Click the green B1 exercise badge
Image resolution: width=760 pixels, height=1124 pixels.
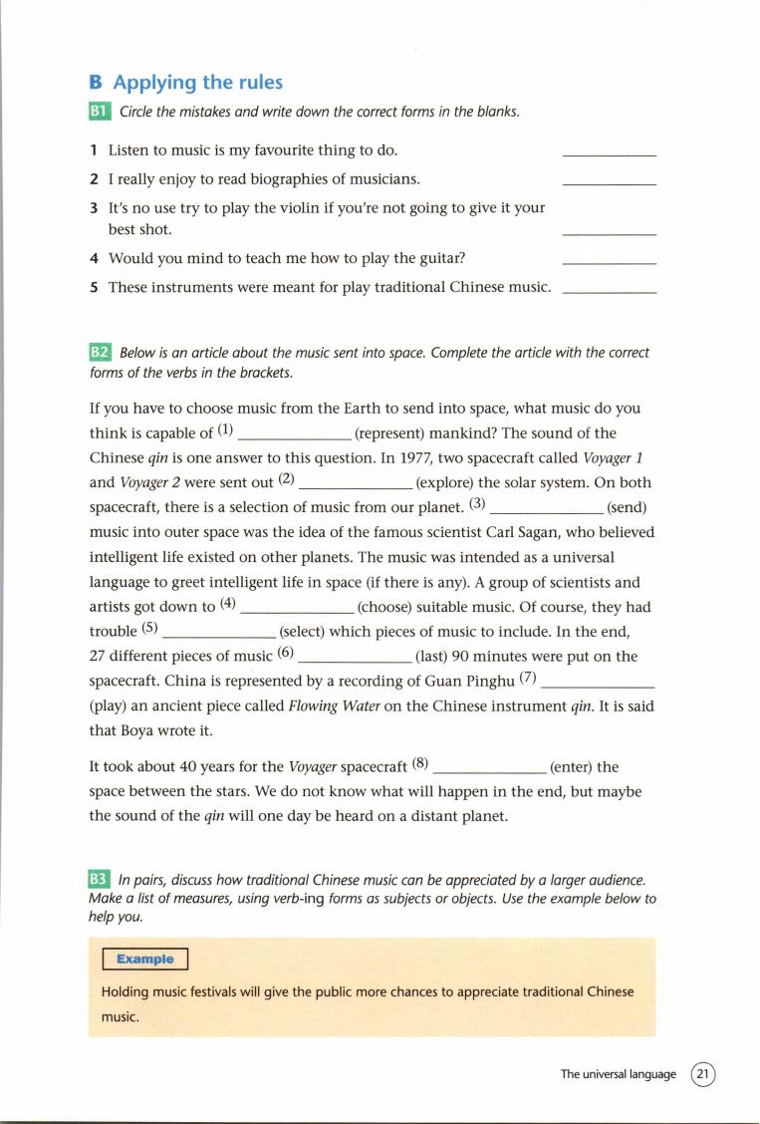[100, 112]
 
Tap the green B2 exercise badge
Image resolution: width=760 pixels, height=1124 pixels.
[100, 353]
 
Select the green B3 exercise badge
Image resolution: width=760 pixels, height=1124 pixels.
[99, 880]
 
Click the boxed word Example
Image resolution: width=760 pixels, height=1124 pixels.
[144, 960]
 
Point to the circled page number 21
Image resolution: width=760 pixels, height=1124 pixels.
[703, 1074]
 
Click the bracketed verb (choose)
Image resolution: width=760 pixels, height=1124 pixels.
[393, 607]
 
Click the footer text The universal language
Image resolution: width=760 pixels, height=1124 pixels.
[618, 1074]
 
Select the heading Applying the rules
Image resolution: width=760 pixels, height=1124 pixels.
[197, 83]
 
